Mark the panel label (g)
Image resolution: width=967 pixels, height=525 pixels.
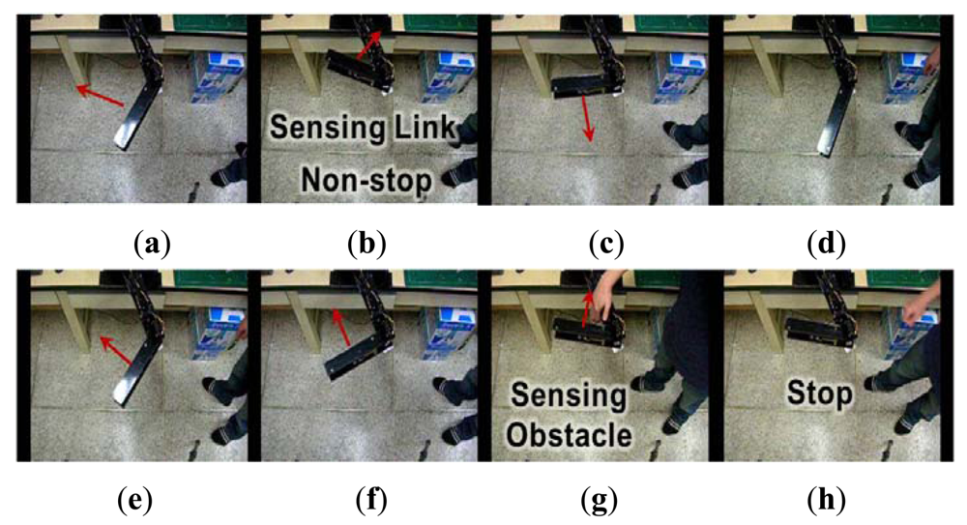pos(607,501)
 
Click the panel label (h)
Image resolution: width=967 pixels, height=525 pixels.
pos(825,501)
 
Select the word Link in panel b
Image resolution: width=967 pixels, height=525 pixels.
pos(419,128)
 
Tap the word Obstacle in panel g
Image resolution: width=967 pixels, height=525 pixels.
pos(571,433)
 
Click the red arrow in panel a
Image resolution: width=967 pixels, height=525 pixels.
pos(101,95)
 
